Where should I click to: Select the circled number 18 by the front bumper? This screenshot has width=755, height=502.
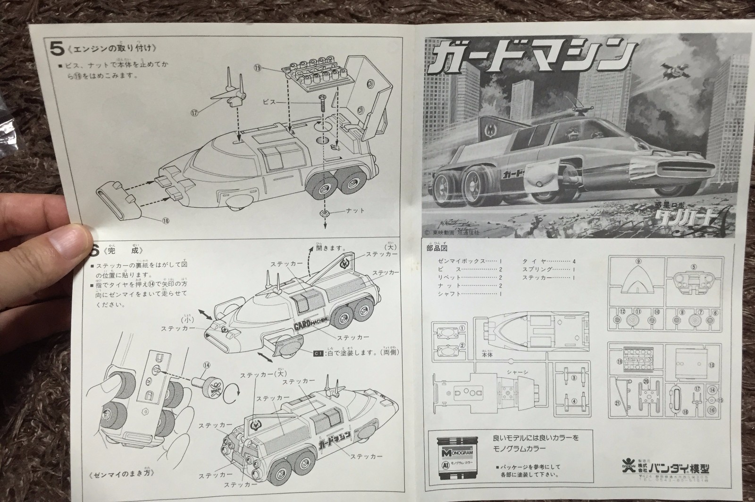[x=165, y=220]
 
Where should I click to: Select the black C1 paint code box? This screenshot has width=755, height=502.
[x=318, y=352]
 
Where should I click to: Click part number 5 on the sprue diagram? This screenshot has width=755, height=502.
[x=693, y=266]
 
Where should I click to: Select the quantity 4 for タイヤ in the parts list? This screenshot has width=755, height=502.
[x=574, y=261]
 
